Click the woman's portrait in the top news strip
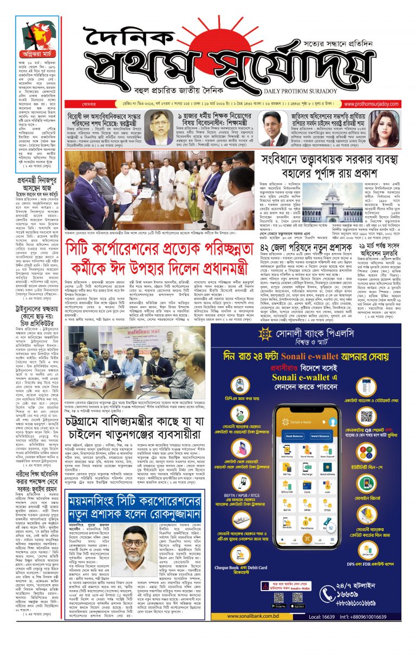pos(397,127)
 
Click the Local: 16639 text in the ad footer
pos(324,616)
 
